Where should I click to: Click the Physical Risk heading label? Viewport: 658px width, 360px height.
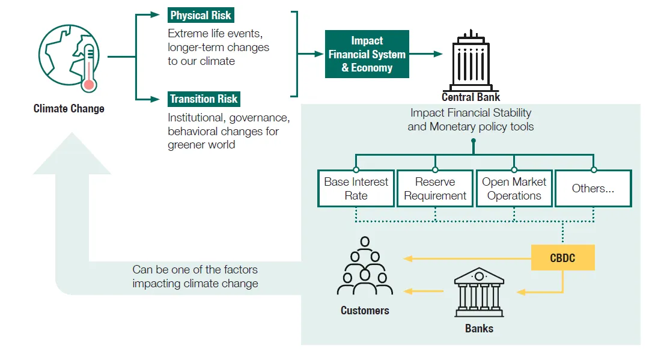200,16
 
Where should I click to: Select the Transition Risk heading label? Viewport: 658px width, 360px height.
204,99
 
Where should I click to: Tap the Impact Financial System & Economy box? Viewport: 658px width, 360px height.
367,54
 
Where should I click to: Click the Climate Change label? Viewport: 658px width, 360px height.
69,109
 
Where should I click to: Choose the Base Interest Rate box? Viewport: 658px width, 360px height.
356,189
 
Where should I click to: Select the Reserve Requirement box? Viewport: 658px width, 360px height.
435,189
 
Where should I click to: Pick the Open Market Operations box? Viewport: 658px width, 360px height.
514,189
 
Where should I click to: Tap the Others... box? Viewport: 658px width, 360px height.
593,189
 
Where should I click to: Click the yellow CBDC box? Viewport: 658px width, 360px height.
562,258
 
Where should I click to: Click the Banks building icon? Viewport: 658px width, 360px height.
479,293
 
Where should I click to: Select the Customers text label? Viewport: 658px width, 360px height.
365,311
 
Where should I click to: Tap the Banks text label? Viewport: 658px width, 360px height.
479,329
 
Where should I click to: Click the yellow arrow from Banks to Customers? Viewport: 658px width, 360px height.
423,291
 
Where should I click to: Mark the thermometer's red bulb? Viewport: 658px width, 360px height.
90,85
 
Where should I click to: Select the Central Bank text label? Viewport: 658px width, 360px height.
471,97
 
